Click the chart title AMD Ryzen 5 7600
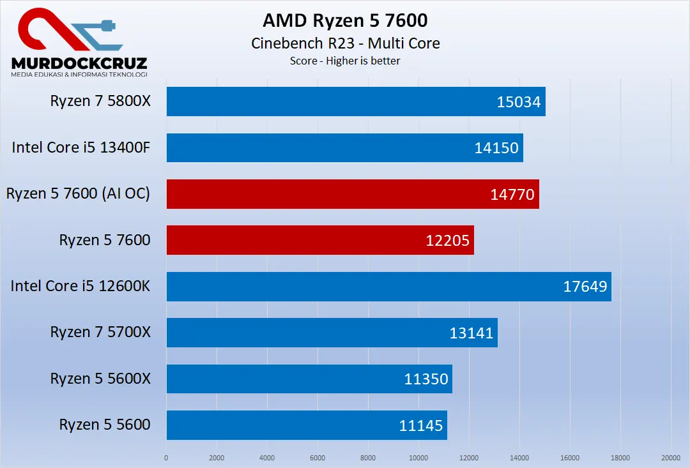coord(345,20)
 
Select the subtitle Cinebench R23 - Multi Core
coord(345,43)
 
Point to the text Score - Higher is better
coord(345,61)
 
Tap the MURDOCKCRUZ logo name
coord(79,63)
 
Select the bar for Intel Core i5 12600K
coord(358,286)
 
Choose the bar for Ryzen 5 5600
coord(281,425)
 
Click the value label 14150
coord(496,148)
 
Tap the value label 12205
coord(447,241)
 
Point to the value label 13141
coord(471,333)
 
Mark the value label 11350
coord(426,379)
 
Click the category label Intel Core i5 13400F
coord(80,148)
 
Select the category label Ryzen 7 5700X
coord(100,333)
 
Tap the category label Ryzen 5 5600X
coord(100,379)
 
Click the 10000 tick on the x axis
coord(418,458)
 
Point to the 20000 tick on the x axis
coord(670,458)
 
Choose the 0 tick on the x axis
coord(166,458)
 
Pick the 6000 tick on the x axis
coord(318,458)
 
